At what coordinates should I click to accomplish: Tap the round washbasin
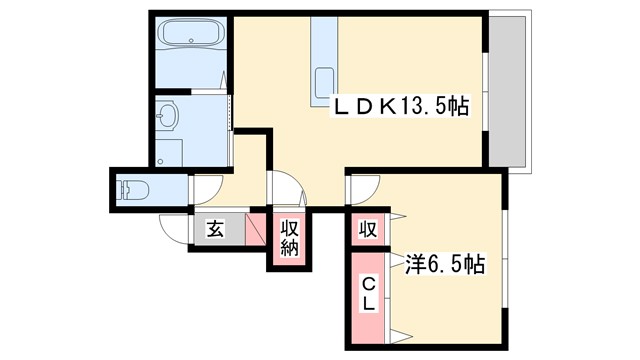[x=167, y=117]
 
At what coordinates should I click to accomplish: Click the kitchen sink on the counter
[x=325, y=80]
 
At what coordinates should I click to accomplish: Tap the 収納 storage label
[x=289, y=238]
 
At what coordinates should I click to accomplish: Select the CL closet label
[x=368, y=291]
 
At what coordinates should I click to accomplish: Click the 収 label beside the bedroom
[x=368, y=229]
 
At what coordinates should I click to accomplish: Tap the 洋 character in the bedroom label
[x=414, y=265]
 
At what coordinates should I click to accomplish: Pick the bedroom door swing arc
[x=363, y=191]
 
